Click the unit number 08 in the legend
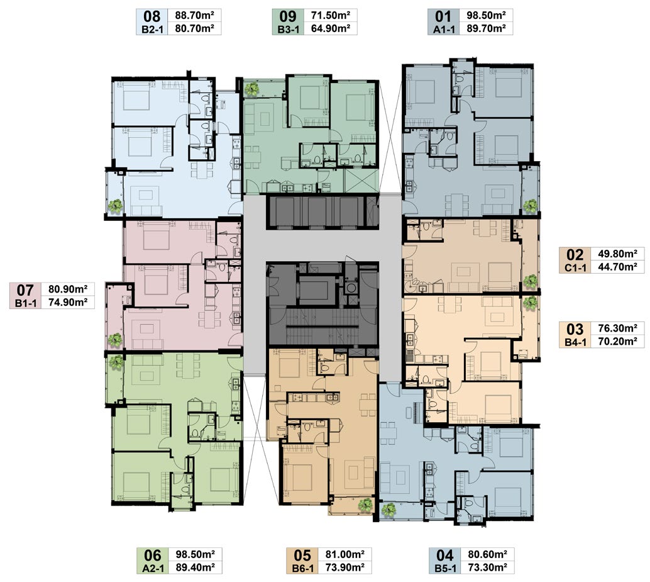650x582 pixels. coord(151,16)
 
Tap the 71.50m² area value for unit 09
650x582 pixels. coord(331,15)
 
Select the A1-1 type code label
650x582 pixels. coord(444,30)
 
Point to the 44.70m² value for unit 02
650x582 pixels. coord(618,267)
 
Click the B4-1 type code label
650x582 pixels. coord(575,343)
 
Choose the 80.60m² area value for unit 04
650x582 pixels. coord(488,554)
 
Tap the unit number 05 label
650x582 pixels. coord(302,556)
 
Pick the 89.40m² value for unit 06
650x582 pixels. coord(196,567)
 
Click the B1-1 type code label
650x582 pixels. coord(26,303)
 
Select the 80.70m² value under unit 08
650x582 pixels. coord(194,28)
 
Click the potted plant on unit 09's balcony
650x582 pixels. coord(251,89)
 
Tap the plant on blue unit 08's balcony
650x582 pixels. coord(115,206)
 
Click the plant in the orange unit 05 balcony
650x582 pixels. coord(366,505)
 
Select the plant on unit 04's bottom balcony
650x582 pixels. coord(388,510)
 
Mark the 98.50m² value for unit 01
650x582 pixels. coord(487,15)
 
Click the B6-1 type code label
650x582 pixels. coord(303,568)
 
